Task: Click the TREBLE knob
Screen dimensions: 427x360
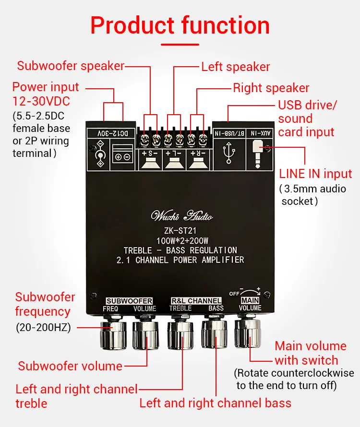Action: (x=180, y=334)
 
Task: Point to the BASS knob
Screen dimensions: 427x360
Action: (x=215, y=333)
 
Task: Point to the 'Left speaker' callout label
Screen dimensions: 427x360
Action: (x=235, y=67)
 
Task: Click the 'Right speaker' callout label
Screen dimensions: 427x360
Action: (x=271, y=88)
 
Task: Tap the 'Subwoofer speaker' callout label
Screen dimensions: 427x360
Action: (x=71, y=66)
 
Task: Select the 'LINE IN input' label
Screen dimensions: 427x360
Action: (x=315, y=174)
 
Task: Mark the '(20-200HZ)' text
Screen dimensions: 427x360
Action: (x=43, y=328)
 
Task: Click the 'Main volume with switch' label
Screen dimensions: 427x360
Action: (x=310, y=353)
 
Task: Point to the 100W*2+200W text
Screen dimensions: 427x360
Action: (x=182, y=240)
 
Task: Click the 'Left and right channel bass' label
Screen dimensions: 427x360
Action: (x=215, y=403)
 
